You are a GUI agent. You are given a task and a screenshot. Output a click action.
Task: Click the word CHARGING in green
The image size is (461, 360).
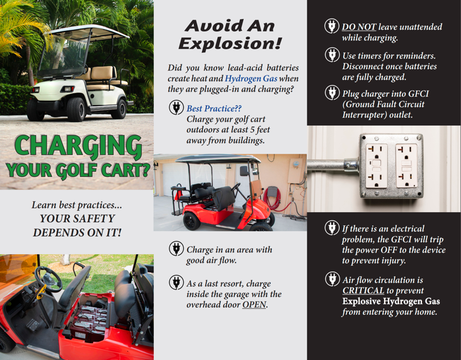coord(79,146)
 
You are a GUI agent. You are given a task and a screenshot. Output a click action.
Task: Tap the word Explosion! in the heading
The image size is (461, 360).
coord(230,44)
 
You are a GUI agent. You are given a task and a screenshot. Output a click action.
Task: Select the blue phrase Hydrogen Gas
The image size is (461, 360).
coord(251,79)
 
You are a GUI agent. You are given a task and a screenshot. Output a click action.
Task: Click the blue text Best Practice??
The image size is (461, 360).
coord(214,108)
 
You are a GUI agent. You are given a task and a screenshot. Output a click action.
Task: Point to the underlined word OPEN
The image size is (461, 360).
coord(254,305)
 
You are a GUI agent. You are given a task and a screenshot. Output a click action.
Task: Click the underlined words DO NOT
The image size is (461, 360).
coord(359,26)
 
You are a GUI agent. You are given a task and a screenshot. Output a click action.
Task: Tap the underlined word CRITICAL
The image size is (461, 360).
coord(363,290)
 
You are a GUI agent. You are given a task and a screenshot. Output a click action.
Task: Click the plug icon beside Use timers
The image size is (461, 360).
coord(333,55)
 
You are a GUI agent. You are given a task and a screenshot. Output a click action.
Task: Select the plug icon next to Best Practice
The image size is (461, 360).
coord(176,107)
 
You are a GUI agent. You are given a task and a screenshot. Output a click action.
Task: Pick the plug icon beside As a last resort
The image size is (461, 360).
coord(176,282)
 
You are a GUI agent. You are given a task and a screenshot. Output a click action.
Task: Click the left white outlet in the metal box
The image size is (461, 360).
coord(377,166)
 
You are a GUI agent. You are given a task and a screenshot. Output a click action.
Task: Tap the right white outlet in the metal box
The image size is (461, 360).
coord(406,166)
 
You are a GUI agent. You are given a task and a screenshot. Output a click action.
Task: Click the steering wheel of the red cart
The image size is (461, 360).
coord(48,279)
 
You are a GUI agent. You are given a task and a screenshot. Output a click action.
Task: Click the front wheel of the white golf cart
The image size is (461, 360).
coord(76,110)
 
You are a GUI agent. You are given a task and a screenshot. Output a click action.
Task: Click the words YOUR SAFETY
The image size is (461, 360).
coord(77,218)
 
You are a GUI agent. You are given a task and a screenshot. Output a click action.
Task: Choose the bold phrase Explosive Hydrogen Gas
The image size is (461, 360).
coord(391,301)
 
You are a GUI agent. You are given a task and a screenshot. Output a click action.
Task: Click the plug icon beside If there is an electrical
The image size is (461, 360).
coord(333,228)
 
